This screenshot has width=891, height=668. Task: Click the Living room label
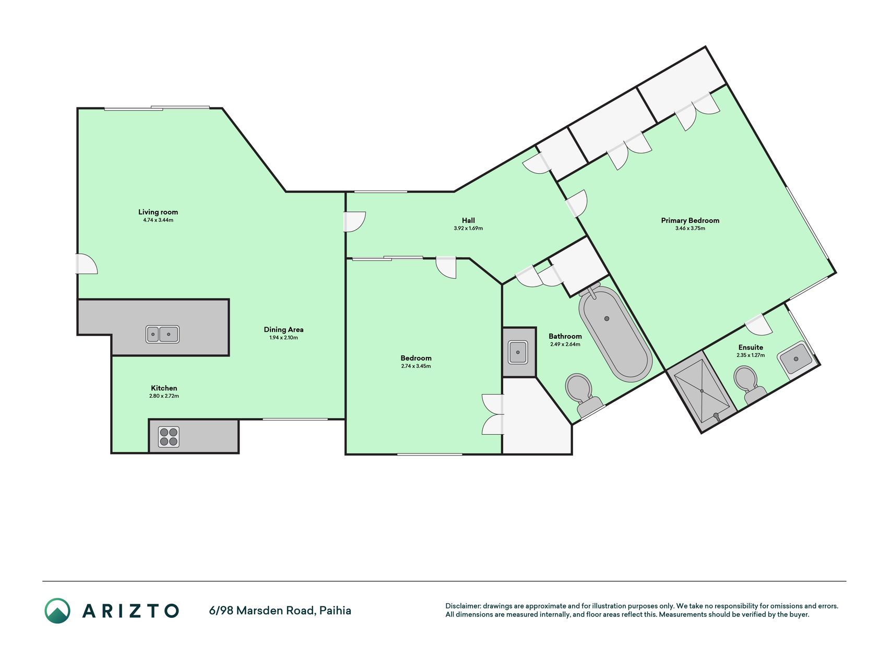[x=158, y=212]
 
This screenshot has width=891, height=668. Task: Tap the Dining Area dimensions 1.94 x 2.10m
[x=283, y=338]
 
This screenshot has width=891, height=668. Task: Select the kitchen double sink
[x=162, y=334]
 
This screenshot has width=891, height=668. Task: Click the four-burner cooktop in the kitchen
[x=169, y=437]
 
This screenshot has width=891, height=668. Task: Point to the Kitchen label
[x=164, y=388]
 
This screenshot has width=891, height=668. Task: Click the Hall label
[x=468, y=220]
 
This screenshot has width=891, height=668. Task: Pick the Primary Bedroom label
[x=690, y=220]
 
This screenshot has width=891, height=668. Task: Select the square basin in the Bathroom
[x=518, y=352]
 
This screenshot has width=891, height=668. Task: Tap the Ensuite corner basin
[x=796, y=358]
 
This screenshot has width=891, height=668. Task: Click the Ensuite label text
[x=751, y=347]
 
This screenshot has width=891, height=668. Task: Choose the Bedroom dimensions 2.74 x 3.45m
[x=416, y=366]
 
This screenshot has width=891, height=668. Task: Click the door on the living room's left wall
[x=87, y=264]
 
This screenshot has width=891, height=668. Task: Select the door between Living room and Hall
[x=354, y=221]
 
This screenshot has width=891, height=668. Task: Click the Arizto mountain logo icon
[x=57, y=611]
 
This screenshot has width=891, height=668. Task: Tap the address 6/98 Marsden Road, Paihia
[x=280, y=611]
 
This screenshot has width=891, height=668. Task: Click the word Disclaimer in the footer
[x=462, y=606]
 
